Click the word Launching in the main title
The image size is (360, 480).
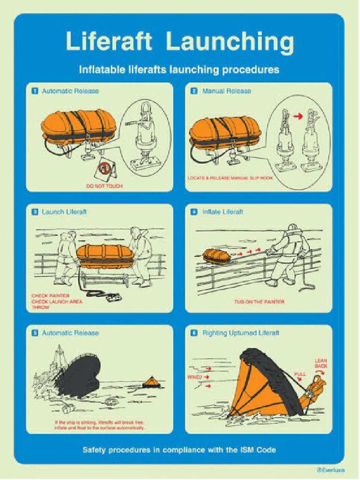pyautogui.click(x=230, y=42)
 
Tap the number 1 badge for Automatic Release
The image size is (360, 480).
pyautogui.click(x=35, y=91)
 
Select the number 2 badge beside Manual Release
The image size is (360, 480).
pyautogui.click(x=194, y=91)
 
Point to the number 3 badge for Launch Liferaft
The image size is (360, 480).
pyautogui.click(x=35, y=212)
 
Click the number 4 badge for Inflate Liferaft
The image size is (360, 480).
pyautogui.click(x=194, y=212)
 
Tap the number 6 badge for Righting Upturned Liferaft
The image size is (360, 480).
pyautogui.click(x=194, y=333)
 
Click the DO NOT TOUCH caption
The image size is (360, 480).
pyautogui.click(x=104, y=186)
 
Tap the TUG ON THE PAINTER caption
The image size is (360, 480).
pyautogui.click(x=259, y=301)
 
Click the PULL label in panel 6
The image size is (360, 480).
pyautogui.click(x=300, y=374)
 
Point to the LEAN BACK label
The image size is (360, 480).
pyautogui.click(x=321, y=363)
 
